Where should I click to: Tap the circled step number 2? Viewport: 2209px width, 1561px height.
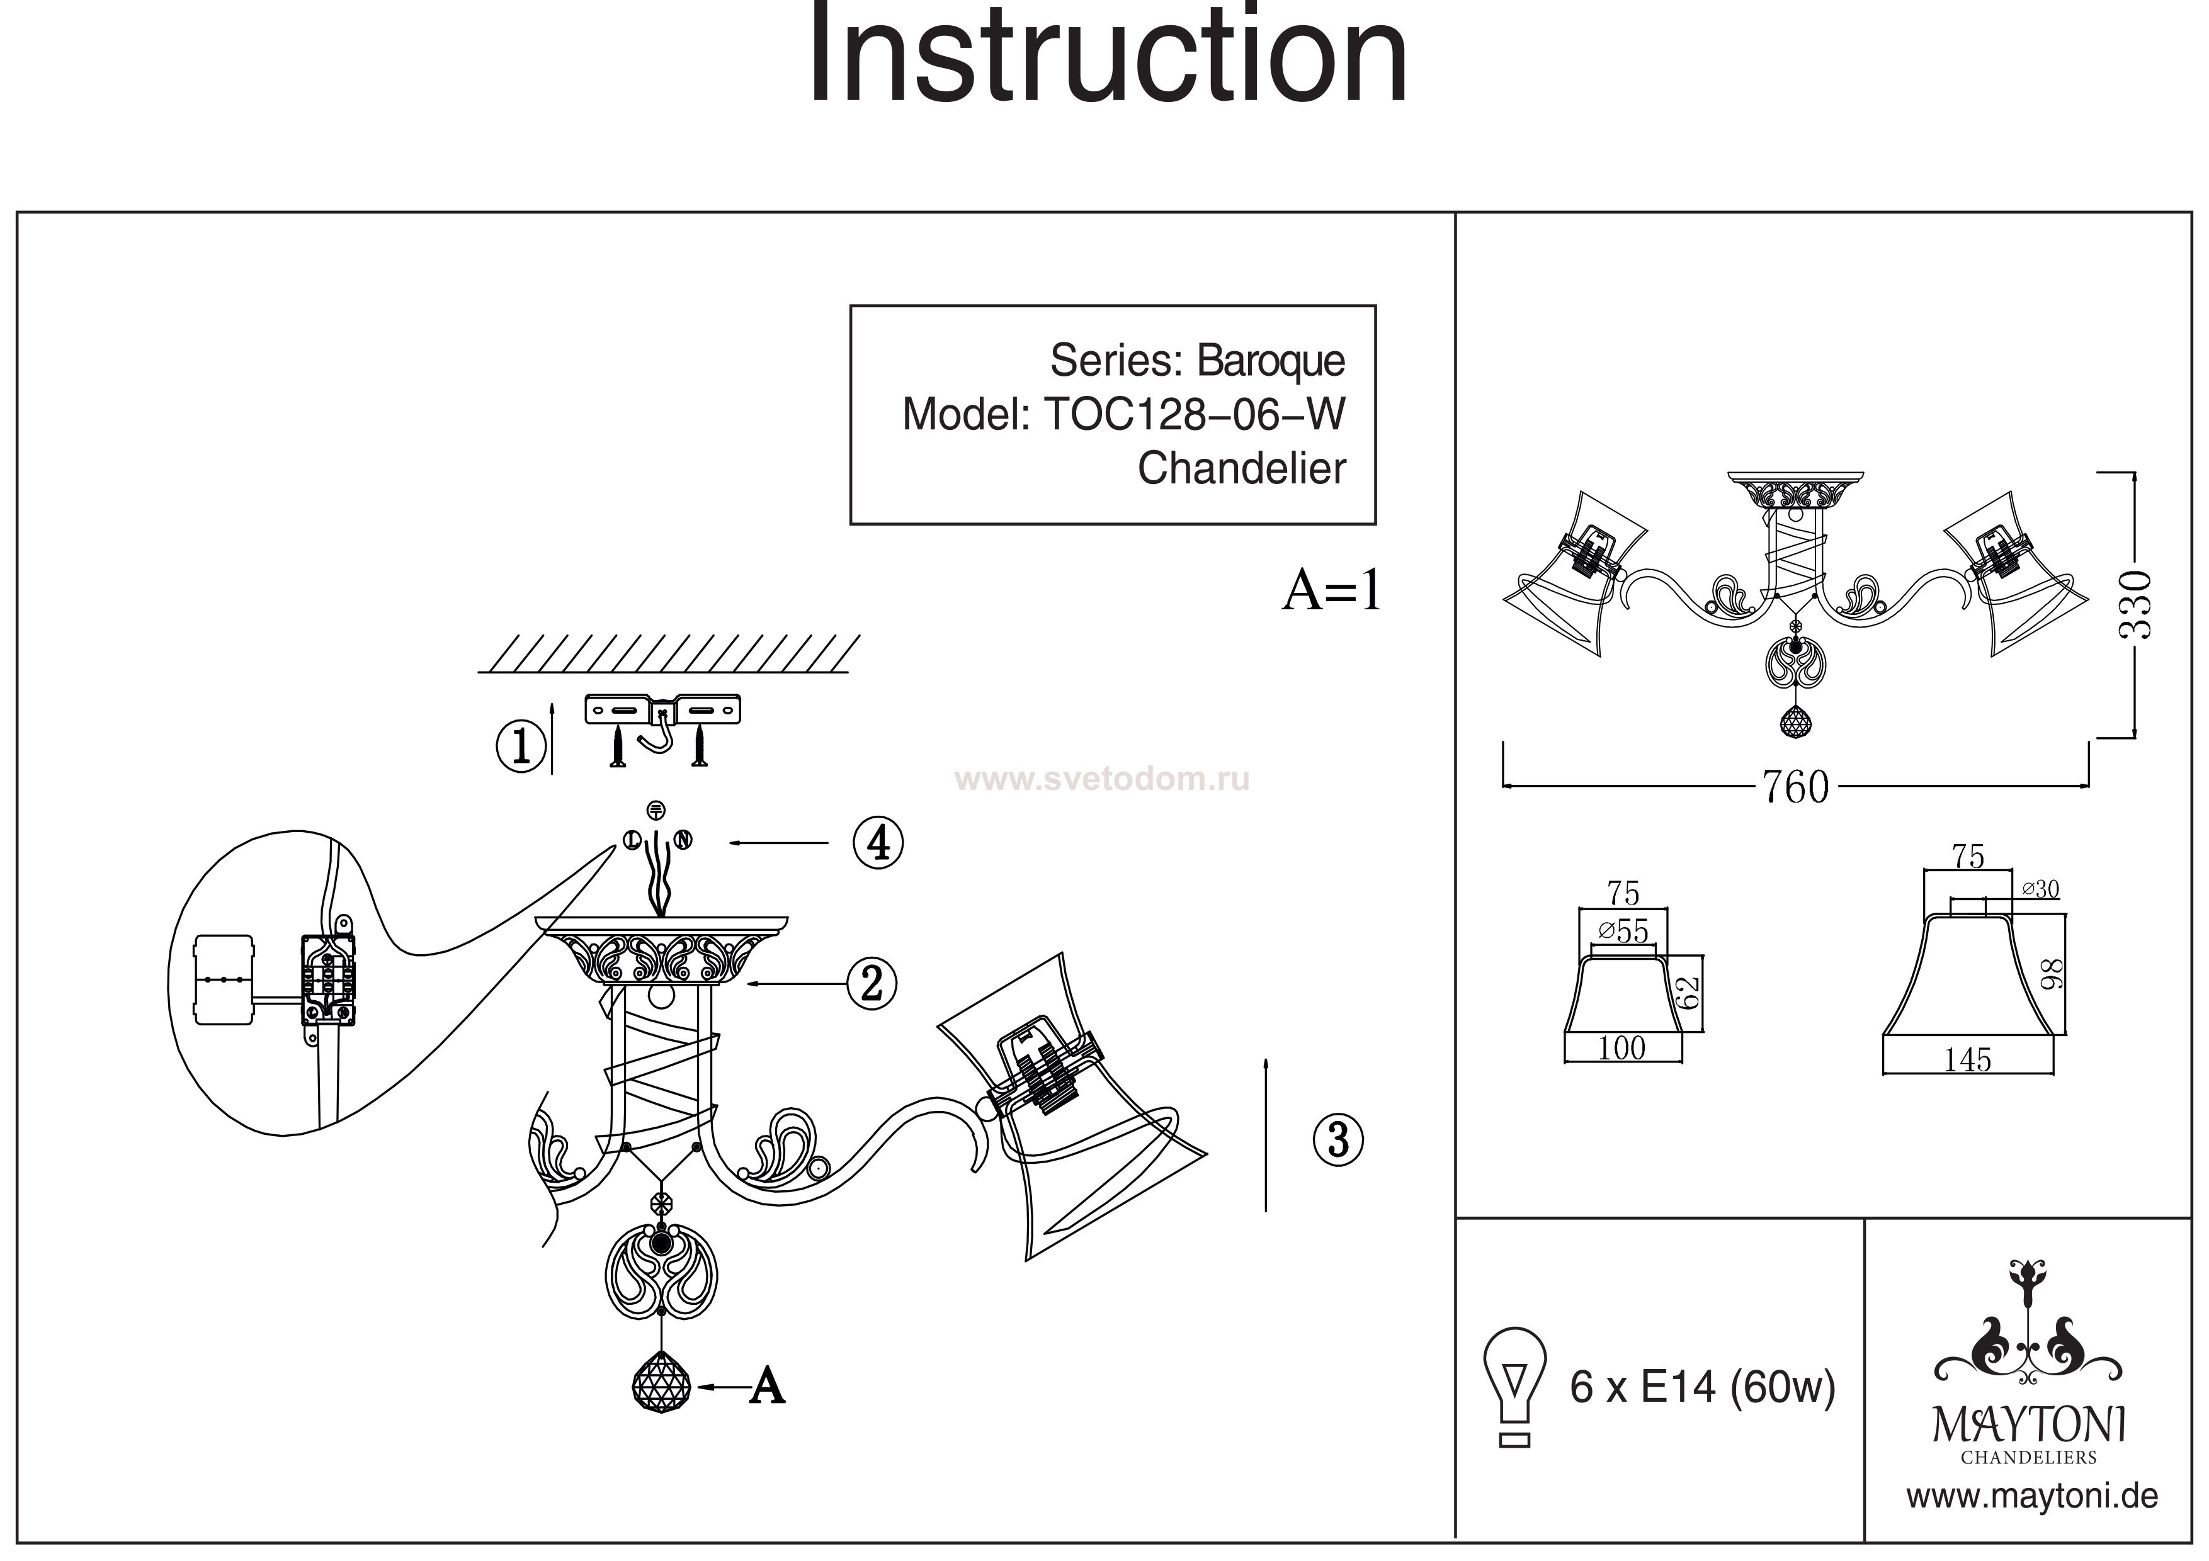coord(872,983)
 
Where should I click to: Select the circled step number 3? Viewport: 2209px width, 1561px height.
coord(1338,1140)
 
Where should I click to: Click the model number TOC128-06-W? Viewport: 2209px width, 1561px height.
coord(1194,415)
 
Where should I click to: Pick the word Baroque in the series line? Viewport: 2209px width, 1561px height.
coord(1270,361)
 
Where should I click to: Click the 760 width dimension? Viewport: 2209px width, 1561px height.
coord(1795,787)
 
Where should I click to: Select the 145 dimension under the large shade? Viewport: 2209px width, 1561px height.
coord(1968,1060)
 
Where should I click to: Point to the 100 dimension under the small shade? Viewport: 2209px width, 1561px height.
coord(1622,1047)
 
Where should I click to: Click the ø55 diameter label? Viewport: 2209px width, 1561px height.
coord(1623,931)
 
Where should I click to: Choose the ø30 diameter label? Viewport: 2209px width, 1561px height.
coord(2040,889)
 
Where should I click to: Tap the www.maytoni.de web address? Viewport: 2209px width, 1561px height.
coord(2032,1497)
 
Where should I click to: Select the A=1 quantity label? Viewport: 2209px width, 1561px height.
coord(1332,590)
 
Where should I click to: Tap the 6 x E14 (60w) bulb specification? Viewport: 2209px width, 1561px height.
coord(1703,1387)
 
